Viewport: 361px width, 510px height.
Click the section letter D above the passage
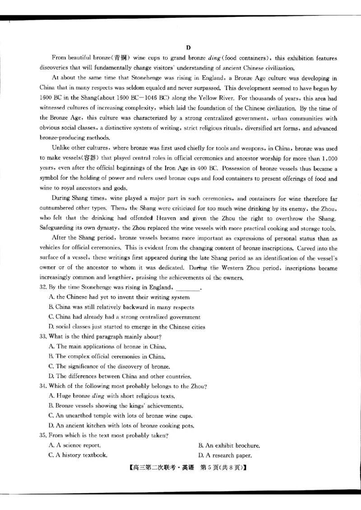pyautogui.click(x=189, y=47)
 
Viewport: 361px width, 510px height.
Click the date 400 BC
pyautogui.click(x=207, y=168)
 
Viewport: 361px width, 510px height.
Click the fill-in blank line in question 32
pyautogui.click(x=186, y=288)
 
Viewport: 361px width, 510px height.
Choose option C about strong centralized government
pyautogui.click(x=124, y=317)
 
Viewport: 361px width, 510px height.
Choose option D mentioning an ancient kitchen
pyautogui.click(x=121, y=425)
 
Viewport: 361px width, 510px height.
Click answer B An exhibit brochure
pyautogui.click(x=229, y=445)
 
